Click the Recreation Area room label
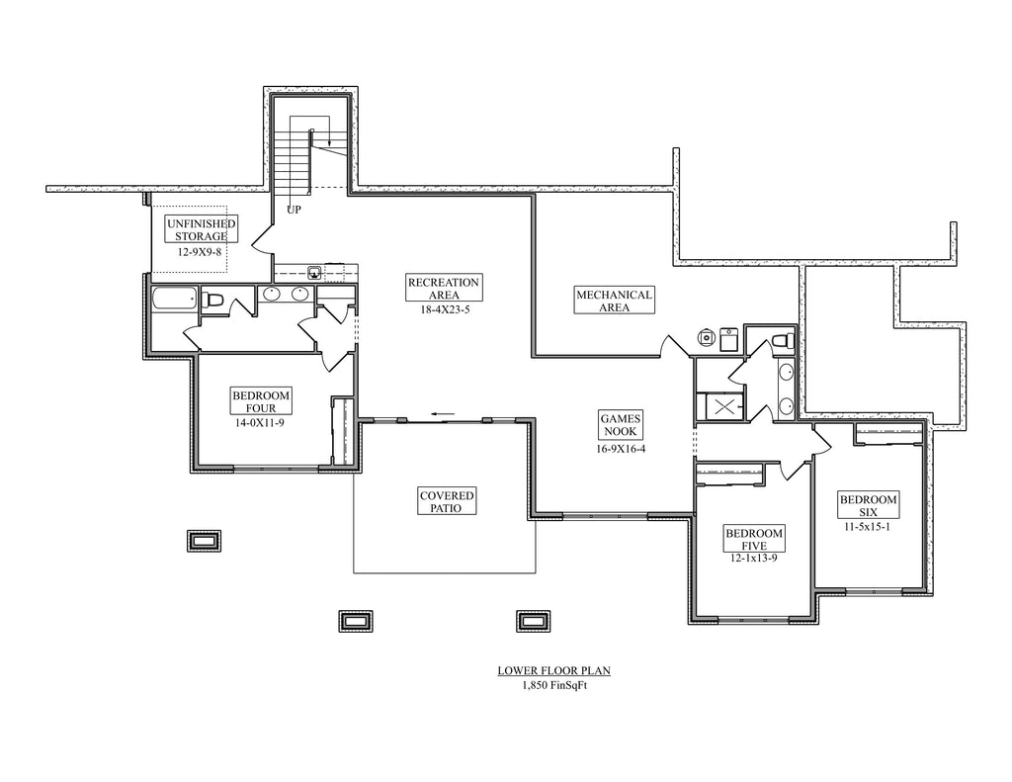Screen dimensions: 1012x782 pyautogui.click(x=444, y=288)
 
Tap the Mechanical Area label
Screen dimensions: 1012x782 pyautogui.click(x=614, y=301)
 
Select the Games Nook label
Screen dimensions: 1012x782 pyautogui.click(x=621, y=425)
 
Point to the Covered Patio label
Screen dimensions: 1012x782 pyautogui.click(x=447, y=501)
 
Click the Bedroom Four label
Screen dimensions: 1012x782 pyautogui.click(x=261, y=401)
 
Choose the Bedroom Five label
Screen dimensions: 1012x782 pyautogui.click(x=754, y=539)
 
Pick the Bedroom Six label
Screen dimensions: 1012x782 pyautogui.click(x=868, y=505)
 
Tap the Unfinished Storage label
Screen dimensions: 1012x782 pyautogui.click(x=202, y=229)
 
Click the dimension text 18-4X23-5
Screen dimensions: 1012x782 pyautogui.click(x=444, y=308)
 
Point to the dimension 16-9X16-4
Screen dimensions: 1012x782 pyautogui.click(x=621, y=448)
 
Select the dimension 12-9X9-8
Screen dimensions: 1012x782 pyautogui.click(x=200, y=251)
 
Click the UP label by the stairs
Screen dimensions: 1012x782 pyautogui.click(x=294, y=210)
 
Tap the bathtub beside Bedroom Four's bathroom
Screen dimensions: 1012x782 pyautogui.click(x=174, y=299)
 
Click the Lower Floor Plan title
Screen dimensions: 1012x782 pyautogui.click(x=553, y=671)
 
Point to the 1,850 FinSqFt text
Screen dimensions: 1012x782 pyautogui.click(x=554, y=686)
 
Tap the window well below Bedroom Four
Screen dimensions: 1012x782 pyautogui.click(x=204, y=541)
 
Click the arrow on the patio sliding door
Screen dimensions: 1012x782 pyautogui.click(x=444, y=414)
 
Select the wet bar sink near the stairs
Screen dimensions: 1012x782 pyautogui.click(x=314, y=272)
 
